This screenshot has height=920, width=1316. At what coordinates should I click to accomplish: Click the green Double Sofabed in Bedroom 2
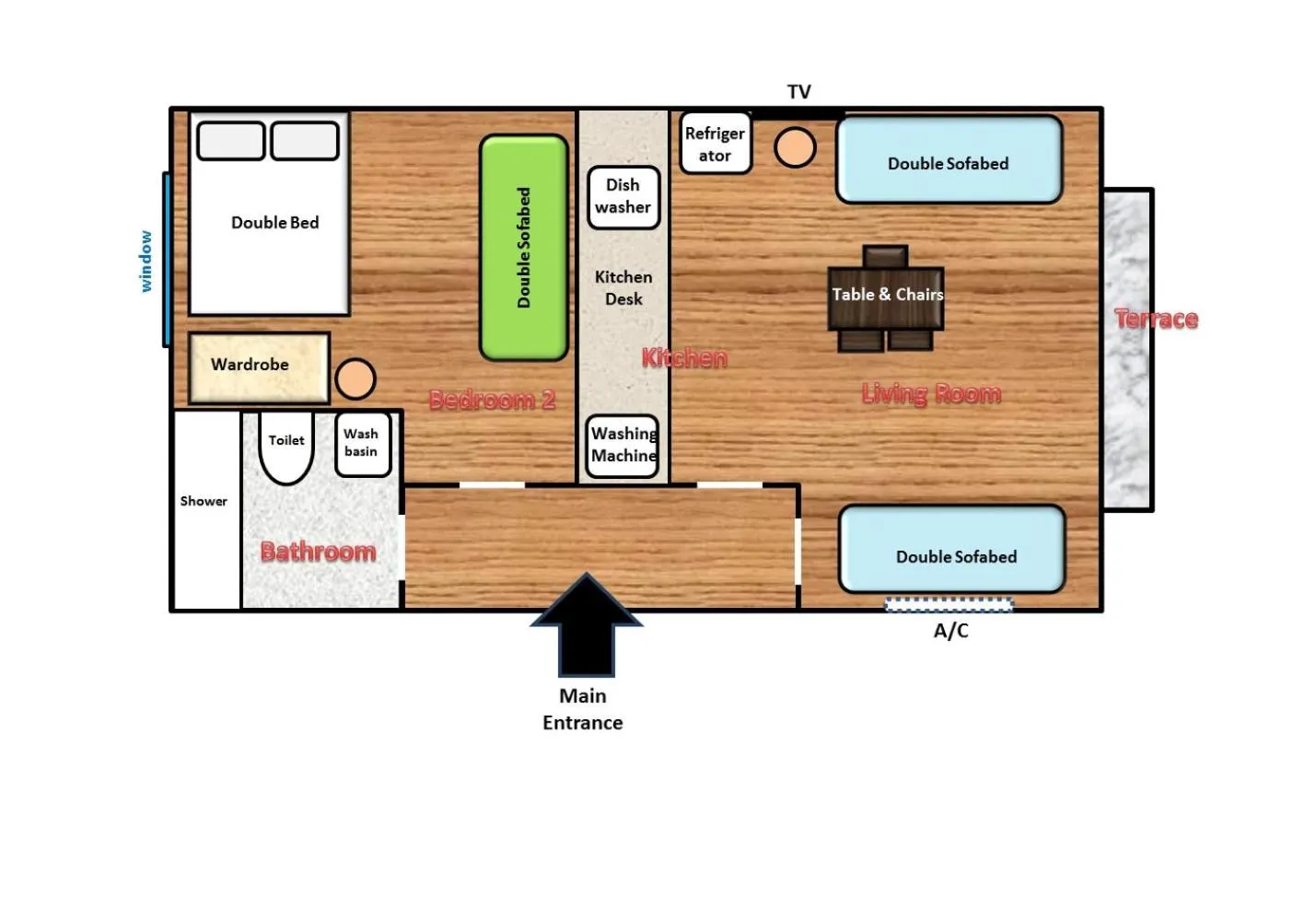click(524, 248)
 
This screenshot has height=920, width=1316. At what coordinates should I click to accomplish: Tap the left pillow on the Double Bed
click(231, 142)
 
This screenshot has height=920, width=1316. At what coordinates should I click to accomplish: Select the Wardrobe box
click(259, 367)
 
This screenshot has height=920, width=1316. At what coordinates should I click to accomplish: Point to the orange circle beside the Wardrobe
click(355, 378)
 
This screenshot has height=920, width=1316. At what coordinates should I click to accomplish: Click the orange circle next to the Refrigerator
click(795, 147)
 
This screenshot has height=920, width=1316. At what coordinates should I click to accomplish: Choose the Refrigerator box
click(715, 144)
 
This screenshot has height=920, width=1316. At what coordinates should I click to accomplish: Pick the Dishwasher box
click(623, 197)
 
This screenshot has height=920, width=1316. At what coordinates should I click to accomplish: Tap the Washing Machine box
click(623, 446)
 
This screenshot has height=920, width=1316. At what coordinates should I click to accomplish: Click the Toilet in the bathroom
click(286, 449)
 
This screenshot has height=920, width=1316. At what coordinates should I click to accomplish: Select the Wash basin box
click(362, 444)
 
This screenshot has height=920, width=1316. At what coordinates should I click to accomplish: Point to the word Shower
click(204, 502)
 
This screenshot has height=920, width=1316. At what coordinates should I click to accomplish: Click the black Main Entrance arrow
click(587, 626)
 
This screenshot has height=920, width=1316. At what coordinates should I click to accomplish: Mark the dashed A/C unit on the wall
click(949, 605)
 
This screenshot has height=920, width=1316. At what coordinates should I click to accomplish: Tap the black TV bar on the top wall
click(798, 114)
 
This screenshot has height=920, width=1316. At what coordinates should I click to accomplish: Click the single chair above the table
click(885, 255)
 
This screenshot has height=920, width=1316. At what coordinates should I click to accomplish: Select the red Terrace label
click(1156, 320)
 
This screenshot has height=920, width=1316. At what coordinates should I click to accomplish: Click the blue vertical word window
click(146, 262)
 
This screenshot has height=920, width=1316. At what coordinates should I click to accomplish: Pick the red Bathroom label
click(318, 552)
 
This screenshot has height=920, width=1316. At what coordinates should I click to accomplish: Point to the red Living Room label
click(931, 394)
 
